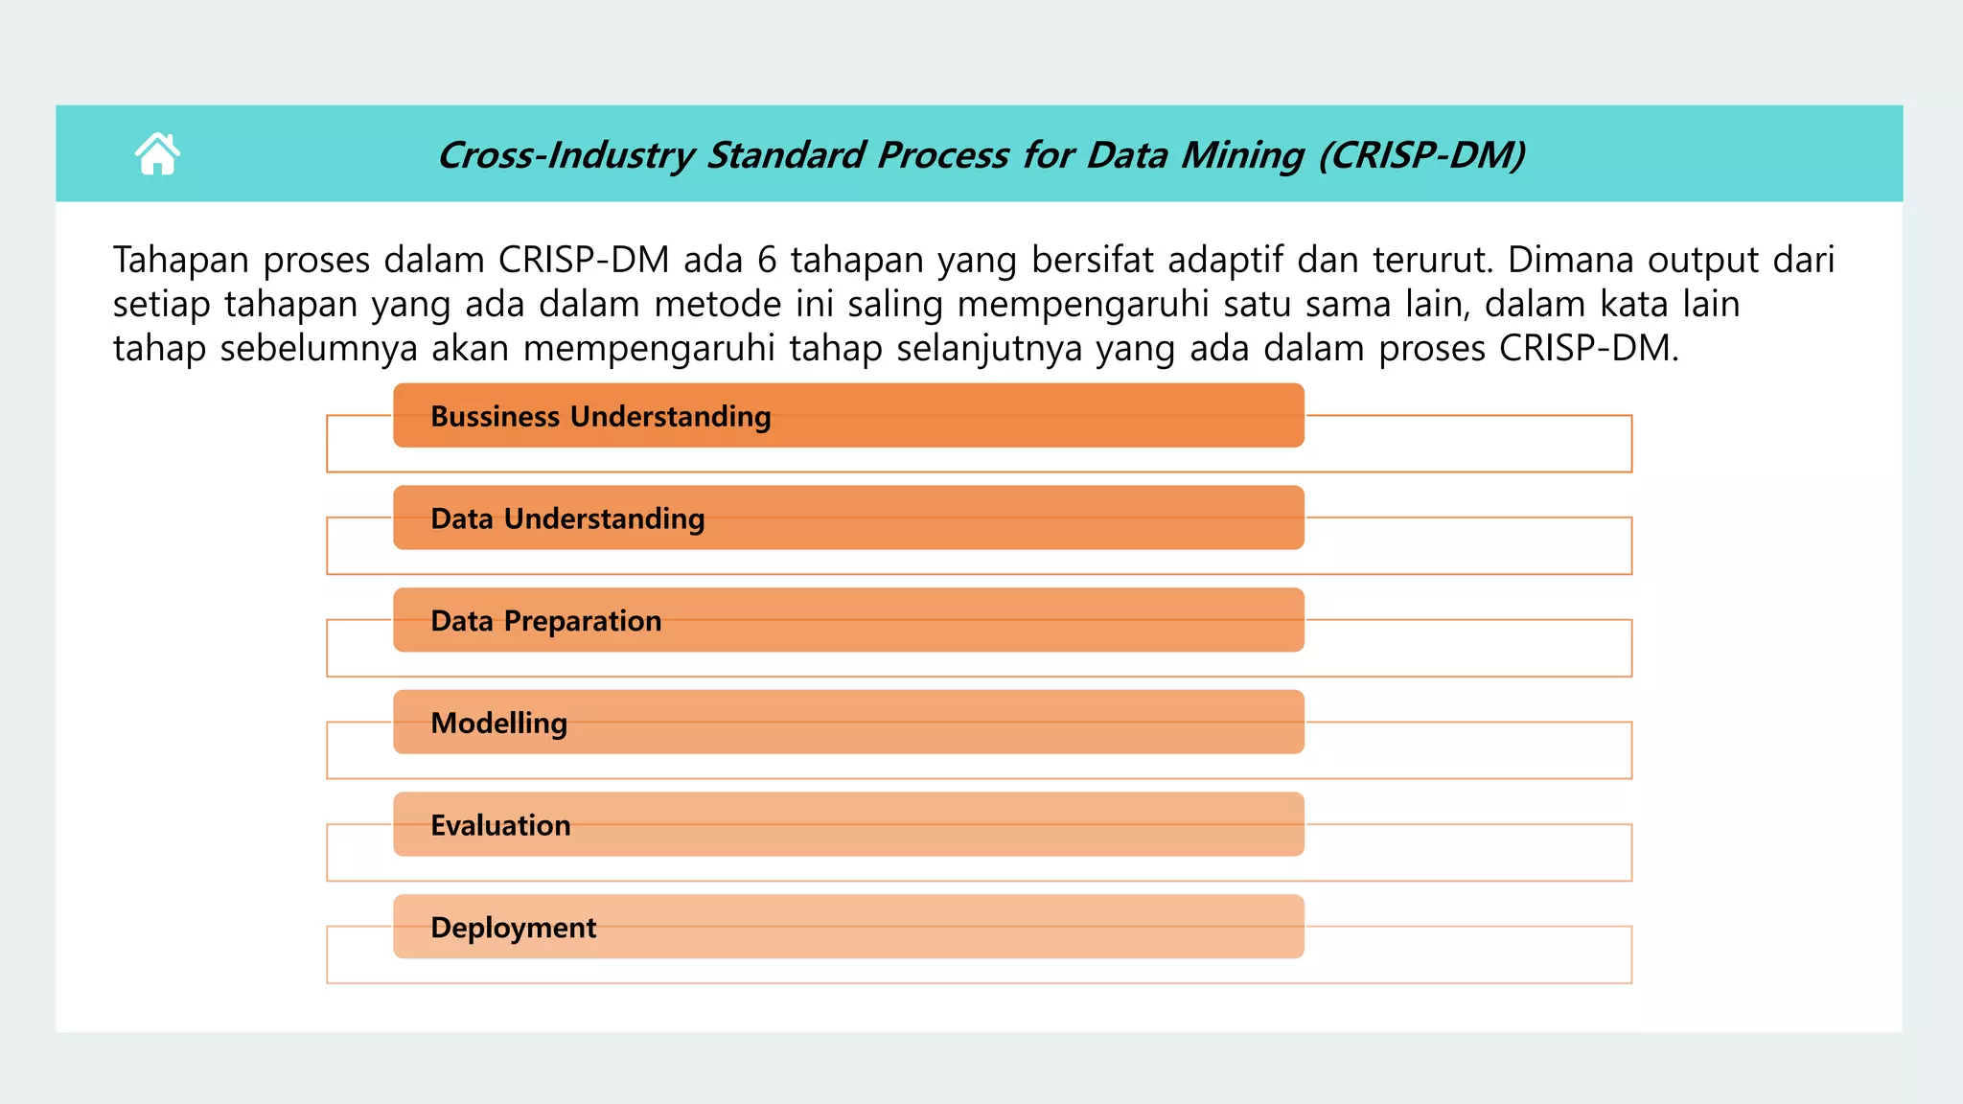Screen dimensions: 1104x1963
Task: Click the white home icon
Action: click(157, 153)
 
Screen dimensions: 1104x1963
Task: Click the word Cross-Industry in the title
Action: click(566, 155)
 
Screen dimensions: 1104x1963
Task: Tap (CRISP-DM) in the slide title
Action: click(1421, 155)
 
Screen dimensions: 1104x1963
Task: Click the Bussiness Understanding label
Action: click(600, 417)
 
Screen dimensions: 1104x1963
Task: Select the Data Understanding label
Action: click(567, 518)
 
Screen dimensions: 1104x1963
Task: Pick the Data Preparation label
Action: click(545, 621)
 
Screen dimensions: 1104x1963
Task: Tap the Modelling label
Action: click(498, 724)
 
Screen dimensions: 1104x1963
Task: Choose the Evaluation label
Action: click(500, 825)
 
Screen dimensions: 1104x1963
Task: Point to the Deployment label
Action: click(513, 928)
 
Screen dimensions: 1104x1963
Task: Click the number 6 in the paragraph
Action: click(766, 261)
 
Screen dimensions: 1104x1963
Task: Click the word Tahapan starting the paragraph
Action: click(180, 261)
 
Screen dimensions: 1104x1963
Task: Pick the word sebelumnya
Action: click(318, 349)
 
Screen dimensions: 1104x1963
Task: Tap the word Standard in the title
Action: click(786, 155)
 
